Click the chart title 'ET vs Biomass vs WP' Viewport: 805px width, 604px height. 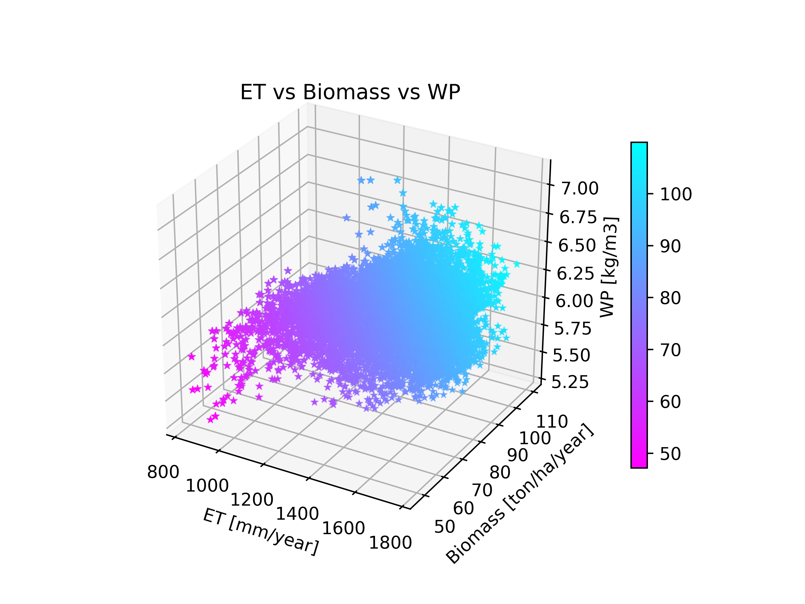click(x=350, y=92)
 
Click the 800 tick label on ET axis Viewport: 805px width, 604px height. click(x=163, y=472)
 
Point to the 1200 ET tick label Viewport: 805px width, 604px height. click(x=252, y=500)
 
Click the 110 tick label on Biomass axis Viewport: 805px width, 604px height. click(x=552, y=422)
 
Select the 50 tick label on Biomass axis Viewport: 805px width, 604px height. click(x=444, y=527)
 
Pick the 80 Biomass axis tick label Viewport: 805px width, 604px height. click(x=500, y=473)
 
